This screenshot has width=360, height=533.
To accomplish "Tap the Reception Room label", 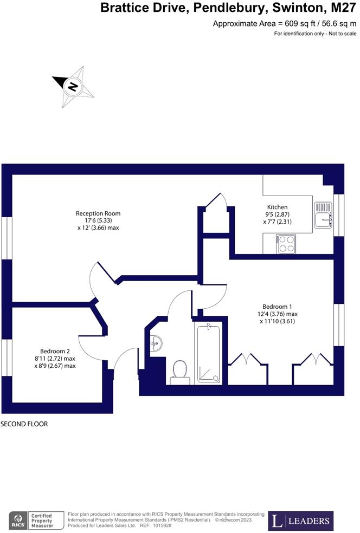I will (x=98, y=213).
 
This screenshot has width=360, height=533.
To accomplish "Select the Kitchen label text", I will (x=277, y=207).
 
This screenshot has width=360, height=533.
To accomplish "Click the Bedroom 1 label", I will (x=277, y=305).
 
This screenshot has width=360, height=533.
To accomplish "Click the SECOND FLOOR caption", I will (x=24, y=424).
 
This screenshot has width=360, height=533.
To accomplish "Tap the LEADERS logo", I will (x=301, y=521).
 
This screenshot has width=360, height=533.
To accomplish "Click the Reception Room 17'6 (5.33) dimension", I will (x=98, y=220).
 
